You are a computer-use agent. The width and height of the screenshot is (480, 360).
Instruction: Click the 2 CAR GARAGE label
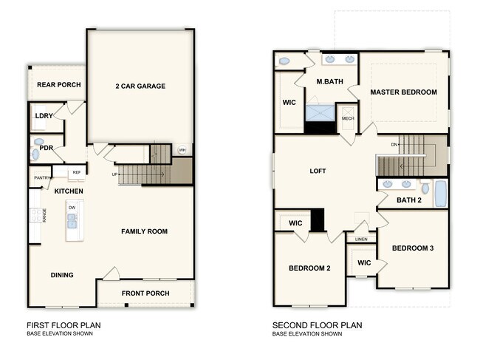[140, 86]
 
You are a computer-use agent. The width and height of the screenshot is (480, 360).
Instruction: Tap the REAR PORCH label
[58, 85]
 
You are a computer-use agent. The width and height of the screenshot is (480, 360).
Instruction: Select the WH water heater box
[182, 151]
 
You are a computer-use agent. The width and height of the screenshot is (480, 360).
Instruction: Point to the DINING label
[62, 275]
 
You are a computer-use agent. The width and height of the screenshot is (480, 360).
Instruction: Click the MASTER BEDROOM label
[403, 92]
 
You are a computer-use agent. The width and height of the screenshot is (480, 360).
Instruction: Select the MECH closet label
[347, 118]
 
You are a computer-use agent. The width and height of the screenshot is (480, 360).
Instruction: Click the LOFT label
[318, 171]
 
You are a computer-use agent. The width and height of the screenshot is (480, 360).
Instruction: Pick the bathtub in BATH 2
[440, 193]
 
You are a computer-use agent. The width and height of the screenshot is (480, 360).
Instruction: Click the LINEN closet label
[361, 240]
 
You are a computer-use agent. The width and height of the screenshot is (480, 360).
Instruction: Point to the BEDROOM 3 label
[412, 248]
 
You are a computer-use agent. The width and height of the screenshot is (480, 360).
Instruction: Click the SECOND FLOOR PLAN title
[317, 325]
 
